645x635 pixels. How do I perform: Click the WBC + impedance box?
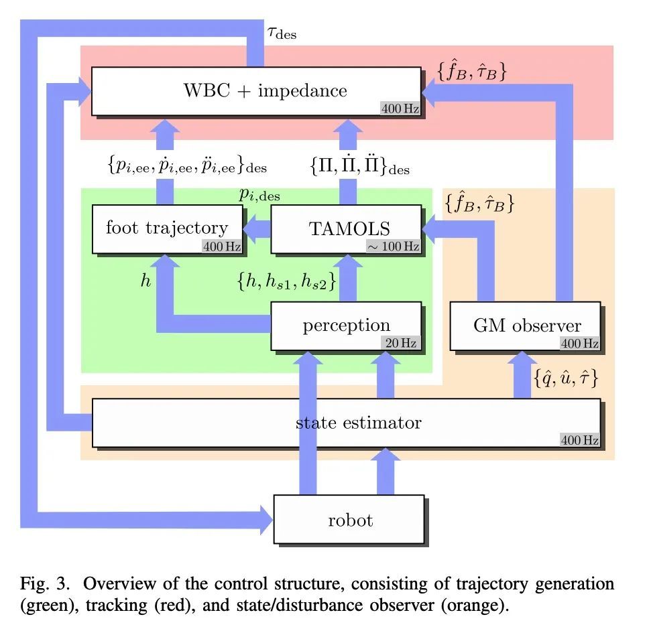[257, 91]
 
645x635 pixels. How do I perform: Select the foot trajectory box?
[167, 228]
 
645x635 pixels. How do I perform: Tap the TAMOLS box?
[347, 228]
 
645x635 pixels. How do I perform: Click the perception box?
[346, 326]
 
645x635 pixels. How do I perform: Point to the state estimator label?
[358, 423]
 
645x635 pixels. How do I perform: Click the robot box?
[349, 519]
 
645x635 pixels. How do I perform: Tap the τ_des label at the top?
[282, 33]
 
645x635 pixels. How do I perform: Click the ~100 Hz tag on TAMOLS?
[393, 246]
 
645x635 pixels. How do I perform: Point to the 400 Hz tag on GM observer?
[580, 344]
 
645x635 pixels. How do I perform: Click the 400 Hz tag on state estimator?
[580, 440]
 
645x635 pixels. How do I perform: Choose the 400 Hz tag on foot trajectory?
[221, 246]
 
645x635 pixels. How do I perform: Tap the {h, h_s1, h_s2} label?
[286, 282]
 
